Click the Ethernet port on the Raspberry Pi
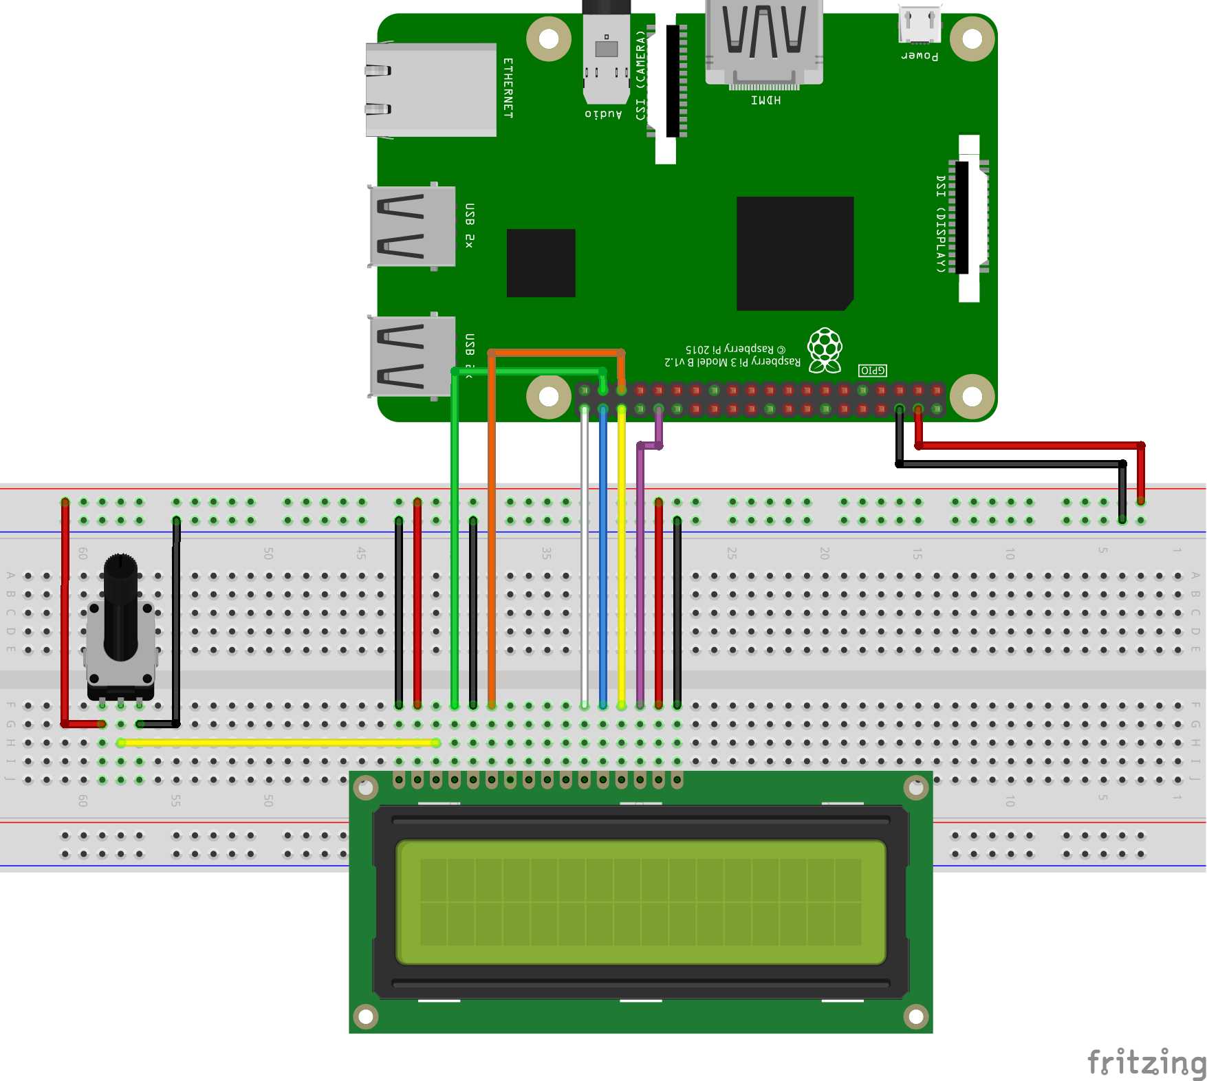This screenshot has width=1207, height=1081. click(x=431, y=89)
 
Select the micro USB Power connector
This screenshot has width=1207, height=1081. click(x=920, y=25)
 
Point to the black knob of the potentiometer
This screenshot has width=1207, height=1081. click(x=121, y=605)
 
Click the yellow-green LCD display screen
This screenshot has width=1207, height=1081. click(x=640, y=902)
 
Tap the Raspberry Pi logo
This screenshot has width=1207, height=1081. click(x=825, y=350)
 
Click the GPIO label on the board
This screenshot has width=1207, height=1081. click(x=872, y=371)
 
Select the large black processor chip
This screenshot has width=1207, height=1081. click(x=794, y=253)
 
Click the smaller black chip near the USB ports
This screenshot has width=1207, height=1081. click(x=541, y=263)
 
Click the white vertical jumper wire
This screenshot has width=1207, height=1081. click(x=585, y=557)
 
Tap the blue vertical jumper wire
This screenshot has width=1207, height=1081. click(x=603, y=557)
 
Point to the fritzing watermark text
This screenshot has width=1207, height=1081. click(x=1146, y=1062)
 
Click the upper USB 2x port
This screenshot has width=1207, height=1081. click(x=413, y=226)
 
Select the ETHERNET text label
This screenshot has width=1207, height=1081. click(x=508, y=88)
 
